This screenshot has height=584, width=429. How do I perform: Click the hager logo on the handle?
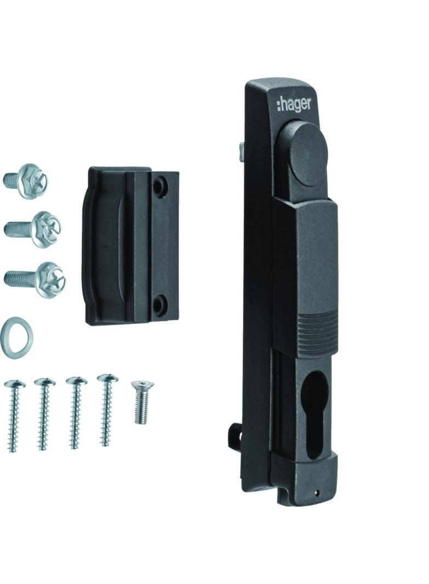(294, 104)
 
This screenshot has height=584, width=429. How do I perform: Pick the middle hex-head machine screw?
(33, 229)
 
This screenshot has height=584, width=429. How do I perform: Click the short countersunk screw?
(141, 402)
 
